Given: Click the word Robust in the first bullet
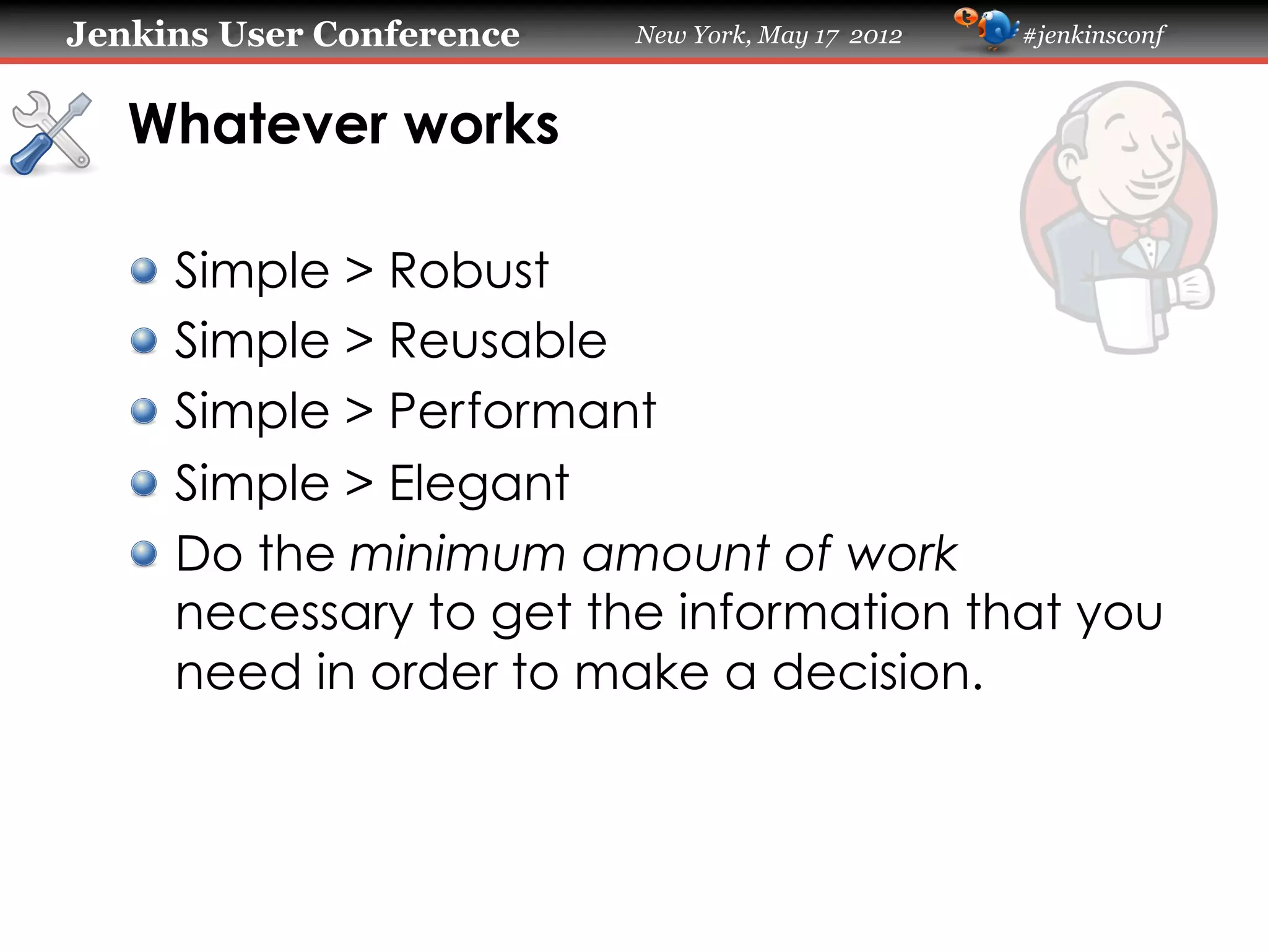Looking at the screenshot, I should [469, 271].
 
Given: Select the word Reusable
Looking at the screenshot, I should [498, 341].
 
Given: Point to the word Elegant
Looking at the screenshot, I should [479, 484].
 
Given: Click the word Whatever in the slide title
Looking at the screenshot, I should [258, 124].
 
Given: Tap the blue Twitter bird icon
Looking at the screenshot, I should [996, 30].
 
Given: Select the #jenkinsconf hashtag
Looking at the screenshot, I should [1094, 35].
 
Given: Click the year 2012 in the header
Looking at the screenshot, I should [875, 36].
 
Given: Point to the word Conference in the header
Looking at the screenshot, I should [415, 34].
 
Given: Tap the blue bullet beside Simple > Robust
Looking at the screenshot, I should [144, 271].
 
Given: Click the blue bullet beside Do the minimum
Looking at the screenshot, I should [144, 554].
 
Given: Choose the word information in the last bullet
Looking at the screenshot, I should [814, 612].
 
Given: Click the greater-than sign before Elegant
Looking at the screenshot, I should [359, 484].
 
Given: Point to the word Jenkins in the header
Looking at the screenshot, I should [137, 34].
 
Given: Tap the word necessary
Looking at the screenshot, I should [294, 614].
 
